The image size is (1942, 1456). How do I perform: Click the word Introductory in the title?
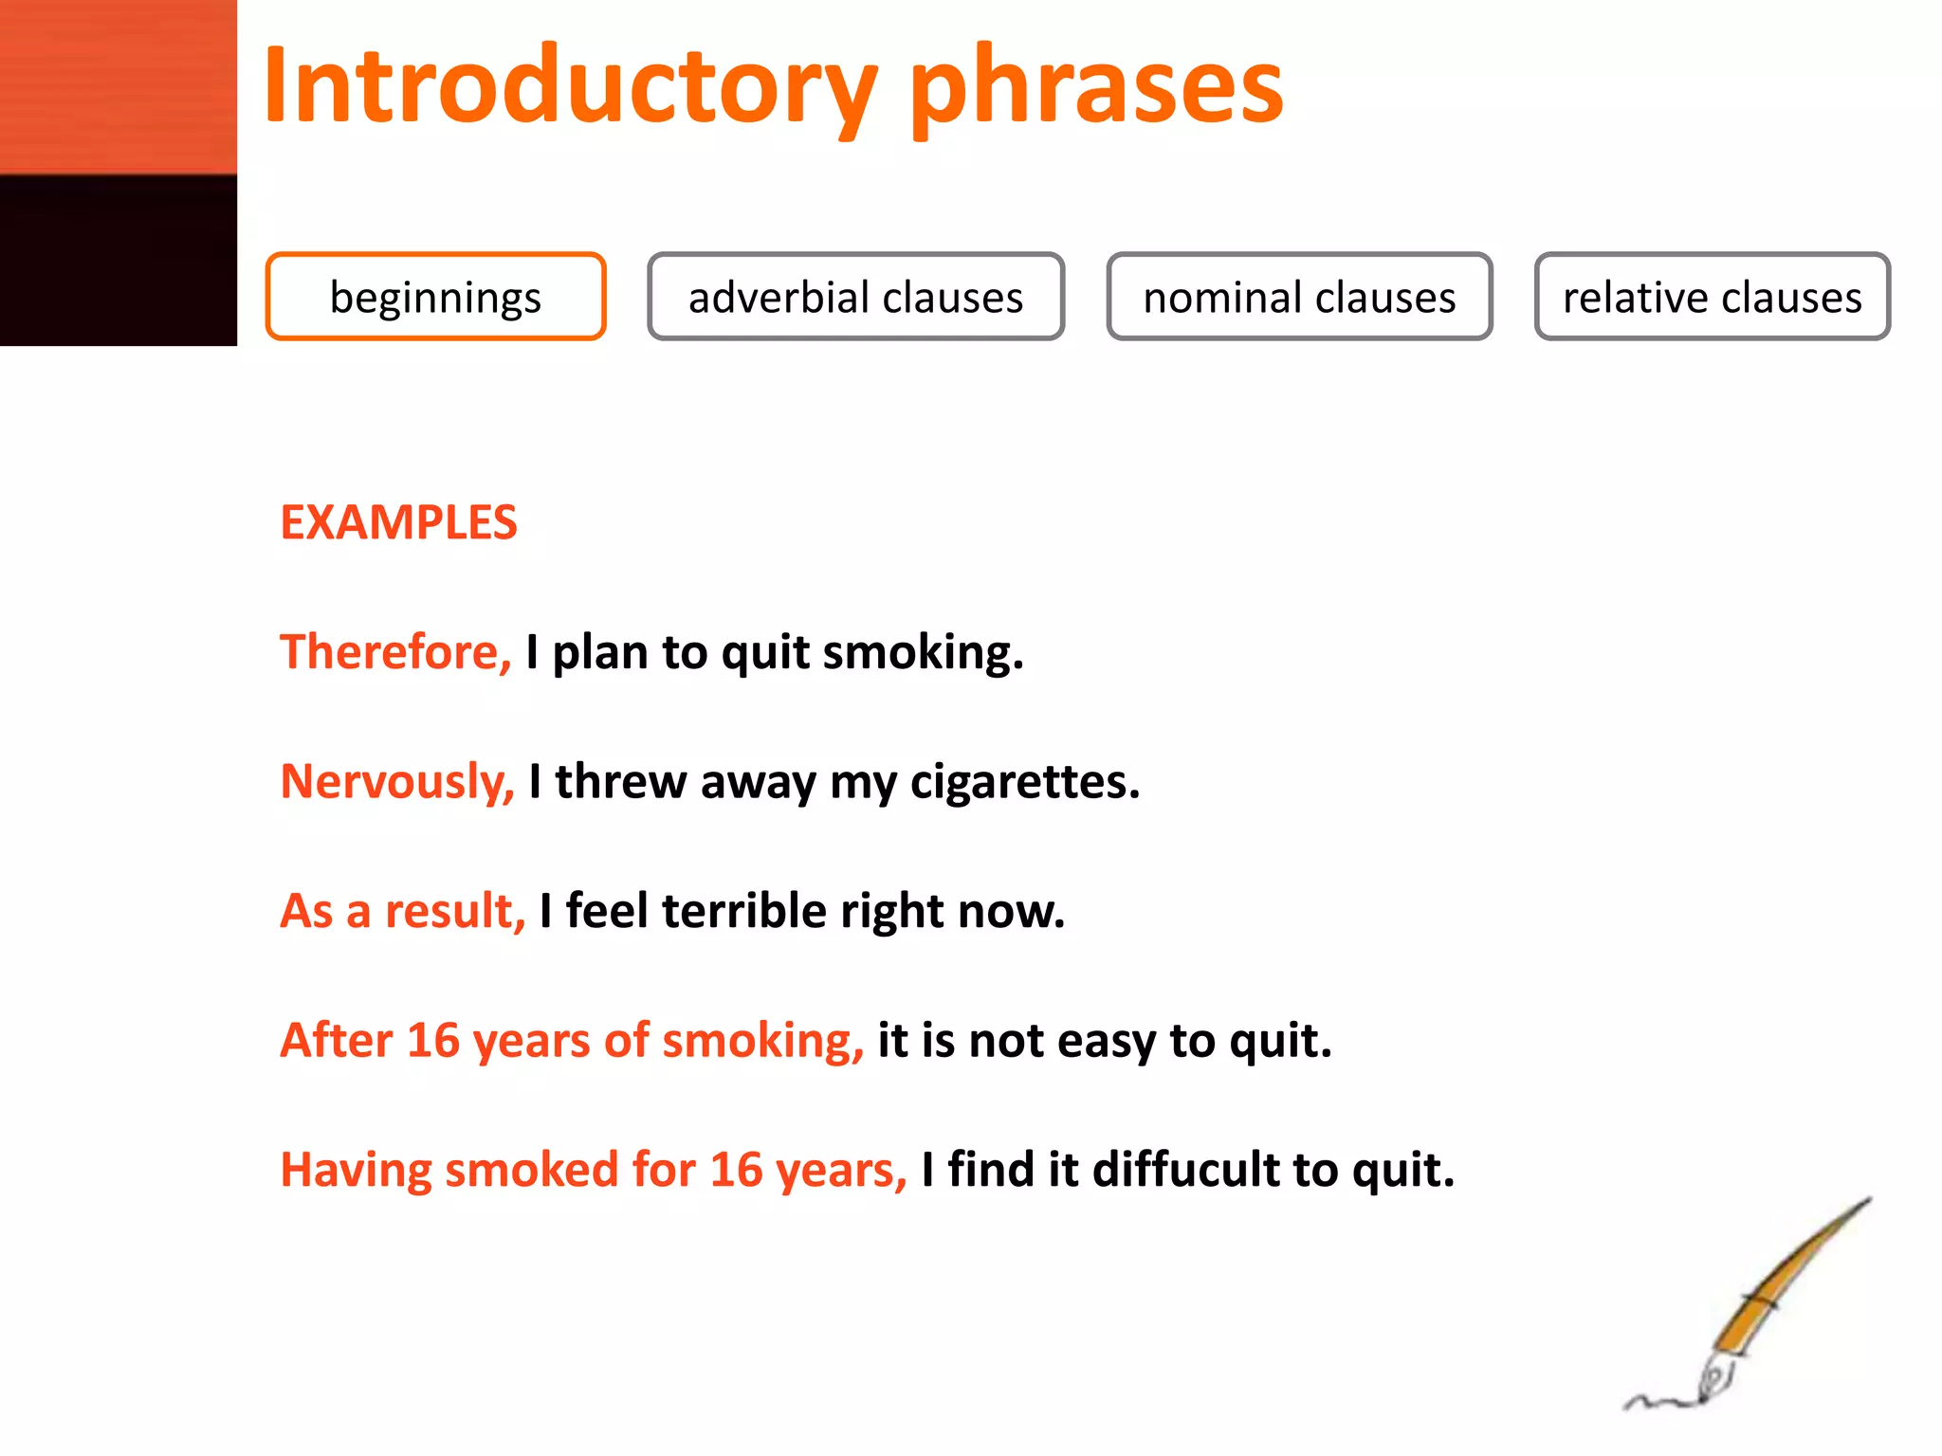[569, 87]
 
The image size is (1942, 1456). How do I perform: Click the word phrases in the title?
[1096, 90]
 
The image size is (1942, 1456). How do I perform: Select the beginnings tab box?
[435, 297]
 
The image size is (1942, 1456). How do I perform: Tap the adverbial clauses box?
[855, 297]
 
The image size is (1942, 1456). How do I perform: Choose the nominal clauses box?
[1299, 297]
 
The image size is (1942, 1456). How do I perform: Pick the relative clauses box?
[1712, 297]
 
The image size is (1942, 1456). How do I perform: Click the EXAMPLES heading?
[398, 522]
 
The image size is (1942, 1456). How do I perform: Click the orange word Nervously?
[396, 782]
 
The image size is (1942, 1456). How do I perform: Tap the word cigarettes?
[1024, 782]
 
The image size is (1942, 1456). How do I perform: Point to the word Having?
[356, 1169]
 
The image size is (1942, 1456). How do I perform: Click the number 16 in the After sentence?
[433, 1040]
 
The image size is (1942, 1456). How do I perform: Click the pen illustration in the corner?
[1754, 1308]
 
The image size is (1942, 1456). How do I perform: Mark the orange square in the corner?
[118, 86]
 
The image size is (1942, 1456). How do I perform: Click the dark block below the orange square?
[118, 260]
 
